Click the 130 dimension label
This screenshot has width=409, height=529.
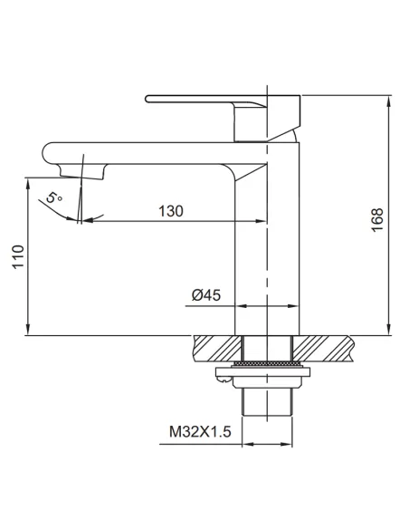click(x=171, y=211)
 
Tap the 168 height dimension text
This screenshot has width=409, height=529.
click(x=377, y=219)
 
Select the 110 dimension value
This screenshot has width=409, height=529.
click(x=18, y=256)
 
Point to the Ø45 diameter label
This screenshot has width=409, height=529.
click(x=206, y=295)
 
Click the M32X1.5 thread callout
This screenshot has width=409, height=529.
click(x=200, y=431)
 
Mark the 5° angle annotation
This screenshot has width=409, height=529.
click(x=54, y=197)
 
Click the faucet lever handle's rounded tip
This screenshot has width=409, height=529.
click(x=148, y=99)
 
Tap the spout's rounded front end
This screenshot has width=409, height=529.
click(x=48, y=154)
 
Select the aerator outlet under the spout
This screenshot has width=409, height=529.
click(x=82, y=171)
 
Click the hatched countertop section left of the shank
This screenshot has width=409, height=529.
click(x=217, y=349)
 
